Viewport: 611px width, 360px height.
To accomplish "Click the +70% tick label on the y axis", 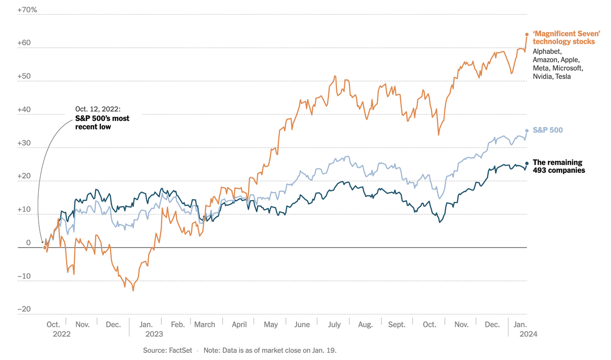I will click(x=27, y=10).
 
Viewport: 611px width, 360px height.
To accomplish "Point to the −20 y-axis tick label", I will click(x=24, y=309).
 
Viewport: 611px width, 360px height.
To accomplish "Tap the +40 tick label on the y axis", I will click(x=24, y=109).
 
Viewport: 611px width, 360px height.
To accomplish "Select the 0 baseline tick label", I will click(x=28, y=243).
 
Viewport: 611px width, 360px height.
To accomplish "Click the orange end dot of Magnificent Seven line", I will click(x=527, y=34).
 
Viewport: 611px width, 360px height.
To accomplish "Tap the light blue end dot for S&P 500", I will click(x=527, y=130).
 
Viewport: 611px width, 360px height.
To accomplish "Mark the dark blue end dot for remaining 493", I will click(x=527, y=163).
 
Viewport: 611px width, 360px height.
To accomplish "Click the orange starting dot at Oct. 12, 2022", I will click(x=45, y=247).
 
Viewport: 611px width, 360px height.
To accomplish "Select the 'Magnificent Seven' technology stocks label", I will click(x=566, y=38).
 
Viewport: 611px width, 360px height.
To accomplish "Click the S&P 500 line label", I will click(x=548, y=130).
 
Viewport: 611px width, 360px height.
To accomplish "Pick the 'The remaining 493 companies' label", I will click(x=558, y=166).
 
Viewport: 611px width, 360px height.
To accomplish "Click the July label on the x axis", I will click(x=334, y=325).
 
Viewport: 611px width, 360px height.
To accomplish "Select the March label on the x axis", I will click(x=205, y=325).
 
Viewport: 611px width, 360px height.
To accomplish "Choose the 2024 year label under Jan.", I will click(x=528, y=334).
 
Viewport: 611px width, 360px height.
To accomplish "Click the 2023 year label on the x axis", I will click(x=154, y=334).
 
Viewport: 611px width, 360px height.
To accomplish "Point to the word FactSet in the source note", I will click(x=181, y=350).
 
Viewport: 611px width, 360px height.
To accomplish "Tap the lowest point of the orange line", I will click(x=133, y=290).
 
